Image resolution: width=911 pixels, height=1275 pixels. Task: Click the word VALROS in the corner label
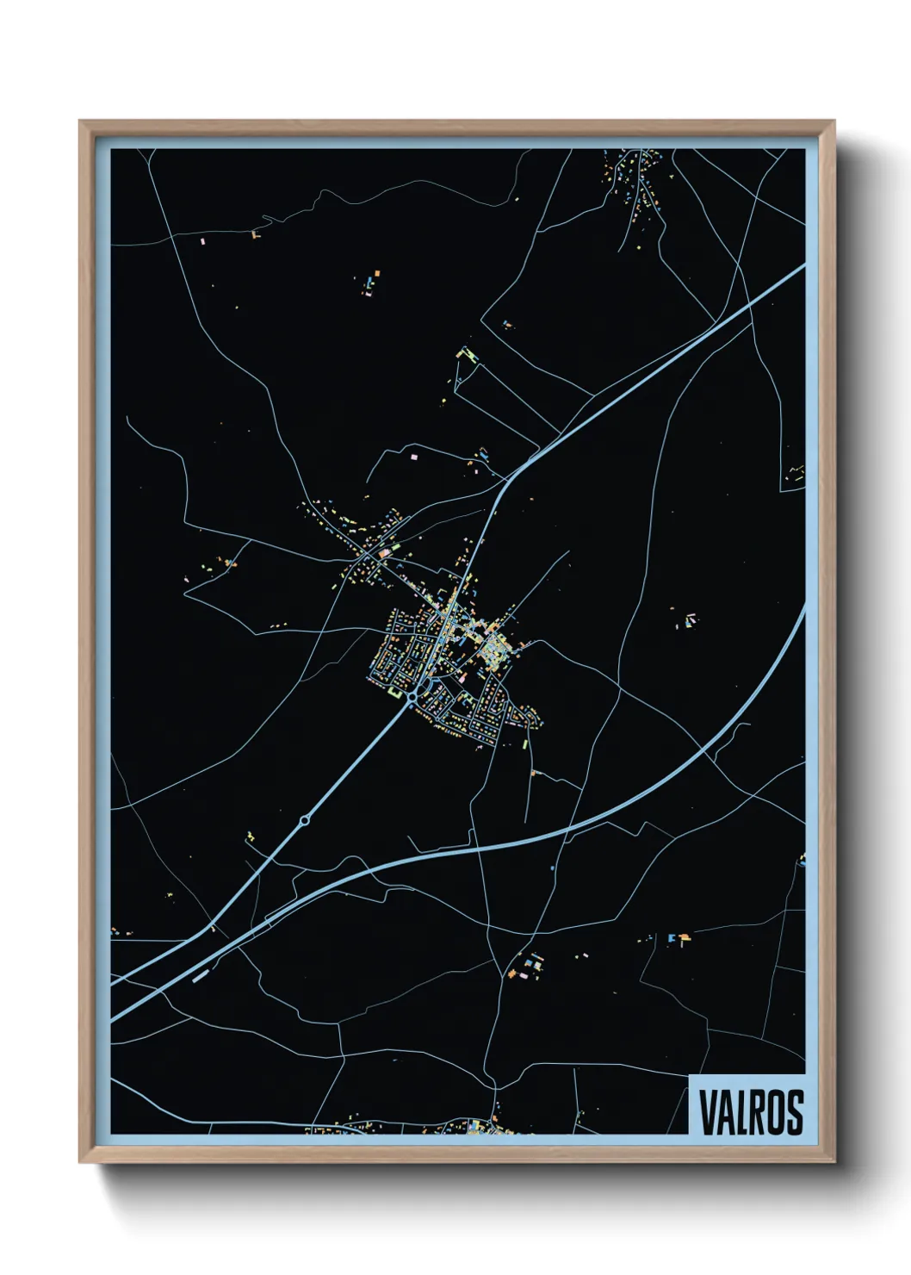[751, 1112]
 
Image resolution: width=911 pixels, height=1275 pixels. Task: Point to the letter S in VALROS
[794, 1112]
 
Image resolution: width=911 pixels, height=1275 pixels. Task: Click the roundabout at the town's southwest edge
[413, 696]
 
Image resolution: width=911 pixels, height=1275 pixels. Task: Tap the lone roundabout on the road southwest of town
[304, 821]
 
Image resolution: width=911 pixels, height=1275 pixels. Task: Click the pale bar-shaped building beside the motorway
[201, 977]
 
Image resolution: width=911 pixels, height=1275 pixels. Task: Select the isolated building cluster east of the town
[688, 620]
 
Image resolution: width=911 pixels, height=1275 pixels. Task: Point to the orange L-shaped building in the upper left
[255, 233]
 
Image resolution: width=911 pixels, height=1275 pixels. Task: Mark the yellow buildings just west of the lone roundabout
[251, 837]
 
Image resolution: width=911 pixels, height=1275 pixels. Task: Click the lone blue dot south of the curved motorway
[552, 868]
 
